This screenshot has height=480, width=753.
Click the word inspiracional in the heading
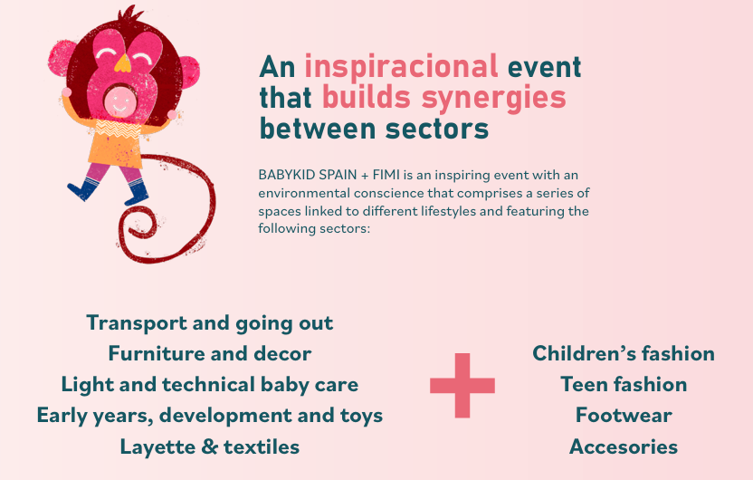[402, 67]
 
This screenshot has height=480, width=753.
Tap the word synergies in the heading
[493, 100]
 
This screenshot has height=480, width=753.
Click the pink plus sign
[462, 385]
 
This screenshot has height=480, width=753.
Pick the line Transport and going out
[209, 323]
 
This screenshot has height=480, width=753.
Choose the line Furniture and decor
[209, 353]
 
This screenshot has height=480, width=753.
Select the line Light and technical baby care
[209, 385]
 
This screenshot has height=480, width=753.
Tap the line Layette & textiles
[209, 447]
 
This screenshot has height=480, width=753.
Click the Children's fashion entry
[624, 353]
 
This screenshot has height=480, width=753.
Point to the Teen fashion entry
[624, 384]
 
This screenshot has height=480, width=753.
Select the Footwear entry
[624, 416]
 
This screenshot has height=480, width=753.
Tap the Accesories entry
[624, 446]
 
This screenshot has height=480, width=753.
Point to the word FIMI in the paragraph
[386, 175]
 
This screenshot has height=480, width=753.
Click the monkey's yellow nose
[122, 63]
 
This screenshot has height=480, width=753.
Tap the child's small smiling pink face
[119, 101]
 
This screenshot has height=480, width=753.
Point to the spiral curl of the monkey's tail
[138, 226]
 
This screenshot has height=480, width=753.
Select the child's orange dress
[115, 144]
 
